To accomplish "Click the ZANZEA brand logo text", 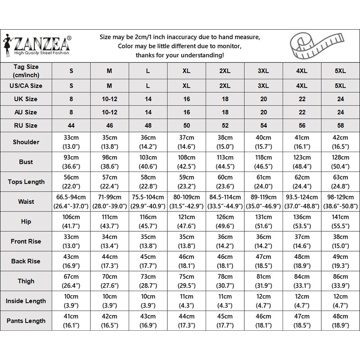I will [42, 44].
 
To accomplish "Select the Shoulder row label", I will [26, 142].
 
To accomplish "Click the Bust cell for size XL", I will [187, 162].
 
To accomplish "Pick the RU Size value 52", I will [225, 126].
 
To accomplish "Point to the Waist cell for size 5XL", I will [341, 202].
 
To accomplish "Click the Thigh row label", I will [26, 281].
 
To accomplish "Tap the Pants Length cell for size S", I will [71, 321].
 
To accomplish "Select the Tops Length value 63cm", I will [341, 177].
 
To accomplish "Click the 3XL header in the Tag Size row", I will [263, 71].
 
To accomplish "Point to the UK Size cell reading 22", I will [302, 99].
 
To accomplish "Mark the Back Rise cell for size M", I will [109, 261].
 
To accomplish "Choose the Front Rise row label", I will [26, 242].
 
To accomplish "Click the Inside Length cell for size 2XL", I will [225, 301].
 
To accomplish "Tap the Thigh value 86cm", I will [341, 277].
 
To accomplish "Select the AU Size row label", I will [26, 112].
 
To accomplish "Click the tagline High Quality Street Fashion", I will [42, 53].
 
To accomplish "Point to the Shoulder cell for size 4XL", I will [302, 142].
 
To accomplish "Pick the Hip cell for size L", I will [148, 221].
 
